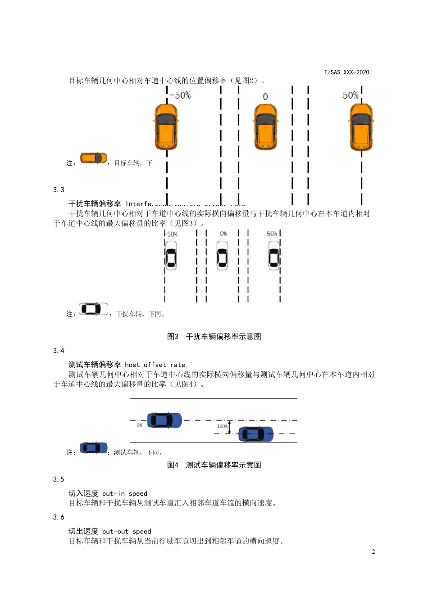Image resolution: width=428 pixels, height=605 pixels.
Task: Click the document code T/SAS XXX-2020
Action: (x=346, y=72)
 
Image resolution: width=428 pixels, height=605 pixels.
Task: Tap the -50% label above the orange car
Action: (x=180, y=95)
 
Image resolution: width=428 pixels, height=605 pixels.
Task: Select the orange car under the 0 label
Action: (x=265, y=126)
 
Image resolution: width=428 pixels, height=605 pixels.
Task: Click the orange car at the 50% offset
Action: (x=361, y=127)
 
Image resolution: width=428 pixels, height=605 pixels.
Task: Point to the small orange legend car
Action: (x=94, y=158)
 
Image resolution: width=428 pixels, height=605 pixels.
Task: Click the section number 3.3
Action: (x=59, y=190)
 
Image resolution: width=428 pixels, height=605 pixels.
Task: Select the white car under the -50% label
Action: (x=171, y=255)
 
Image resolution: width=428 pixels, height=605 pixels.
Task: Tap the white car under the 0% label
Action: (x=223, y=255)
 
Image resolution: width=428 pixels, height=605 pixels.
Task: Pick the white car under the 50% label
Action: (x=274, y=255)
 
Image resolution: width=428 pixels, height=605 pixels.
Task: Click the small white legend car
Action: (x=94, y=309)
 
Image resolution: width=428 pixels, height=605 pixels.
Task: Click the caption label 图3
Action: (x=173, y=337)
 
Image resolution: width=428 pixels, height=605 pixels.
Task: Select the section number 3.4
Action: (x=59, y=351)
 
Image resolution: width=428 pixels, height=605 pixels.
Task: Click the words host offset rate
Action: (x=155, y=365)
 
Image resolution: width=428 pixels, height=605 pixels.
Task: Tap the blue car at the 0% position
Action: (x=164, y=420)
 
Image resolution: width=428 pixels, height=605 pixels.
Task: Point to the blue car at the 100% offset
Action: (x=255, y=434)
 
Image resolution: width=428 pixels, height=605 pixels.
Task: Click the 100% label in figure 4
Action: (x=222, y=426)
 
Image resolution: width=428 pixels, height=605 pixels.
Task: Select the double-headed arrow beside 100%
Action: (x=229, y=427)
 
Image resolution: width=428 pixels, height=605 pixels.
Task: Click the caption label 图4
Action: (x=173, y=465)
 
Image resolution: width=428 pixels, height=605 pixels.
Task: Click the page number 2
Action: (x=373, y=552)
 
